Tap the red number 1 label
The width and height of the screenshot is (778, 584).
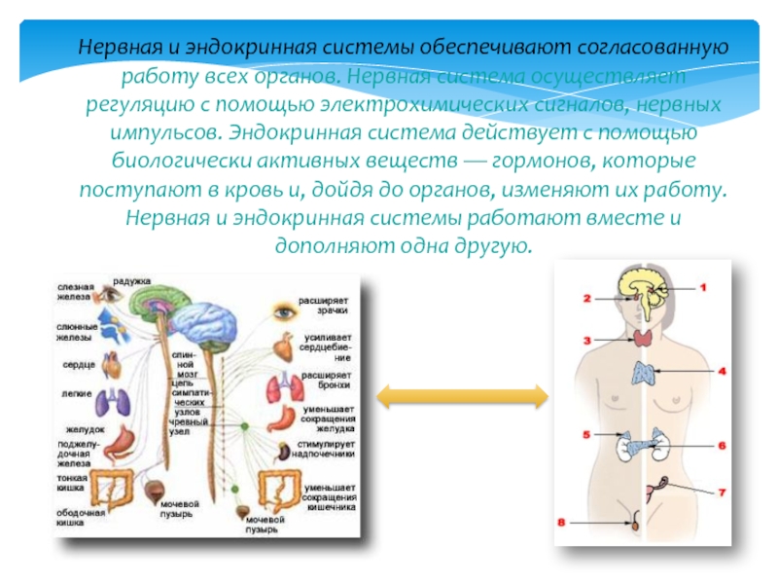tap(703, 287)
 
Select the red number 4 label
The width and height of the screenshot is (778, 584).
tap(723, 371)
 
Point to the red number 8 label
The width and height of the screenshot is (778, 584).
tap(562, 523)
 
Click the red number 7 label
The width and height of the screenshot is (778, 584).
tap(722, 493)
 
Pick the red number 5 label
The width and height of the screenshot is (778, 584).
tap(586, 433)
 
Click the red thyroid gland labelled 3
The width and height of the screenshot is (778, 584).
tap(643, 338)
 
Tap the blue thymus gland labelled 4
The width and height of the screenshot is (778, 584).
tap(647, 373)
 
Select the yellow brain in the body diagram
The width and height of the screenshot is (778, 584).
tap(644, 287)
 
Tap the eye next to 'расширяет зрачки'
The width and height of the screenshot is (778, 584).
tap(283, 312)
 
